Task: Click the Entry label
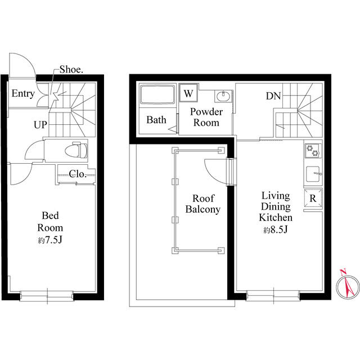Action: (x=23, y=94)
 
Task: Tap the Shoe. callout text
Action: (x=71, y=70)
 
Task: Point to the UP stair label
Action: (x=40, y=125)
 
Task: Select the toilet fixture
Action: (x=76, y=150)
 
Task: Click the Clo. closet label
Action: (x=78, y=174)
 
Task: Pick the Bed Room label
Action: (x=50, y=222)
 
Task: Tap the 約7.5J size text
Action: (x=50, y=240)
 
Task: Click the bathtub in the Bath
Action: (x=157, y=95)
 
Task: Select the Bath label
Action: (x=156, y=120)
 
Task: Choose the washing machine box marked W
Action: (x=188, y=93)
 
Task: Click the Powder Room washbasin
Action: (x=223, y=96)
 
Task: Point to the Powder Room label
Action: (x=206, y=117)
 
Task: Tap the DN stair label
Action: (x=273, y=96)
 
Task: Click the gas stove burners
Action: (x=313, y=151)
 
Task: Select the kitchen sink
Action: (x=313, y=174)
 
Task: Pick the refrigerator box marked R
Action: (x=313, y=199)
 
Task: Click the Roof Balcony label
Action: (x=203, y=204)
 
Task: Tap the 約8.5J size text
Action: (x=276, y=229)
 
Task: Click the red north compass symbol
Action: (x=348, y=284)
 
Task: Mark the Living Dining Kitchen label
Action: (x=276, y=206)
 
